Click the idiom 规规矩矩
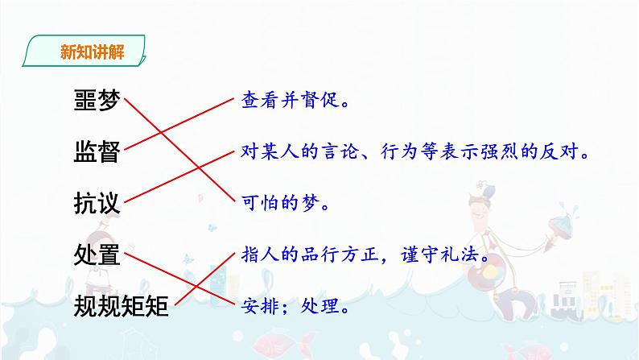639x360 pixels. point(121,306)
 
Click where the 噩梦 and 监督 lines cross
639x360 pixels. point(171,127)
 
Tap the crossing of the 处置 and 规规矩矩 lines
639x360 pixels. point(204,282)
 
